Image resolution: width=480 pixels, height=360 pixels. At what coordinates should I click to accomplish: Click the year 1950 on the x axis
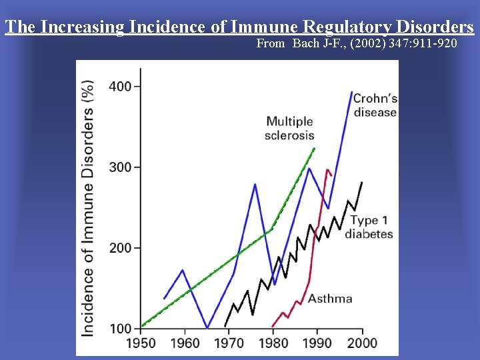point(141,344)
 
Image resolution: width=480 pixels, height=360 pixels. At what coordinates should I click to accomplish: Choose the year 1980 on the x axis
point(273,344)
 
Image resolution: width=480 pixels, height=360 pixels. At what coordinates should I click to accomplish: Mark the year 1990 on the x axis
point(318,344)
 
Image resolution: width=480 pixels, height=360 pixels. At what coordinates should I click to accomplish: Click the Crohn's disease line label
point(375,105)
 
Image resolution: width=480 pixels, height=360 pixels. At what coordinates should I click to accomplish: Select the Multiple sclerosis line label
point(290,128)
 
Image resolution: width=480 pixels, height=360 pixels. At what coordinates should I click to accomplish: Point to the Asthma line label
point(330,298)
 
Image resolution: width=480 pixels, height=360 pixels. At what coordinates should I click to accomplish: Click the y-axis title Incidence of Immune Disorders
point(87,208)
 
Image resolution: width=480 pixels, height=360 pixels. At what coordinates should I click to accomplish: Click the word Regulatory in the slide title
point(347,27)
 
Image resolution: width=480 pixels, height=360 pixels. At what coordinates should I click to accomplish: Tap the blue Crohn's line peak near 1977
point(255,184)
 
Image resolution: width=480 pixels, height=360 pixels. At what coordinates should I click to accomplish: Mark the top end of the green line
point(315,148)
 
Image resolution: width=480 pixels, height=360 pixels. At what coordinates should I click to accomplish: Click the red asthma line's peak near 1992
point(327,170)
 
